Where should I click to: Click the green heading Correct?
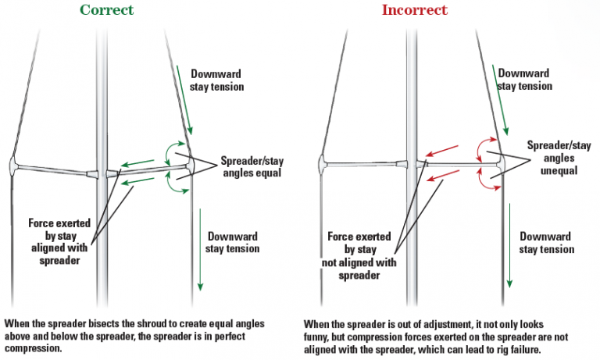[x=105, y=10]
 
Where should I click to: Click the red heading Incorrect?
[x=414, y=10]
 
